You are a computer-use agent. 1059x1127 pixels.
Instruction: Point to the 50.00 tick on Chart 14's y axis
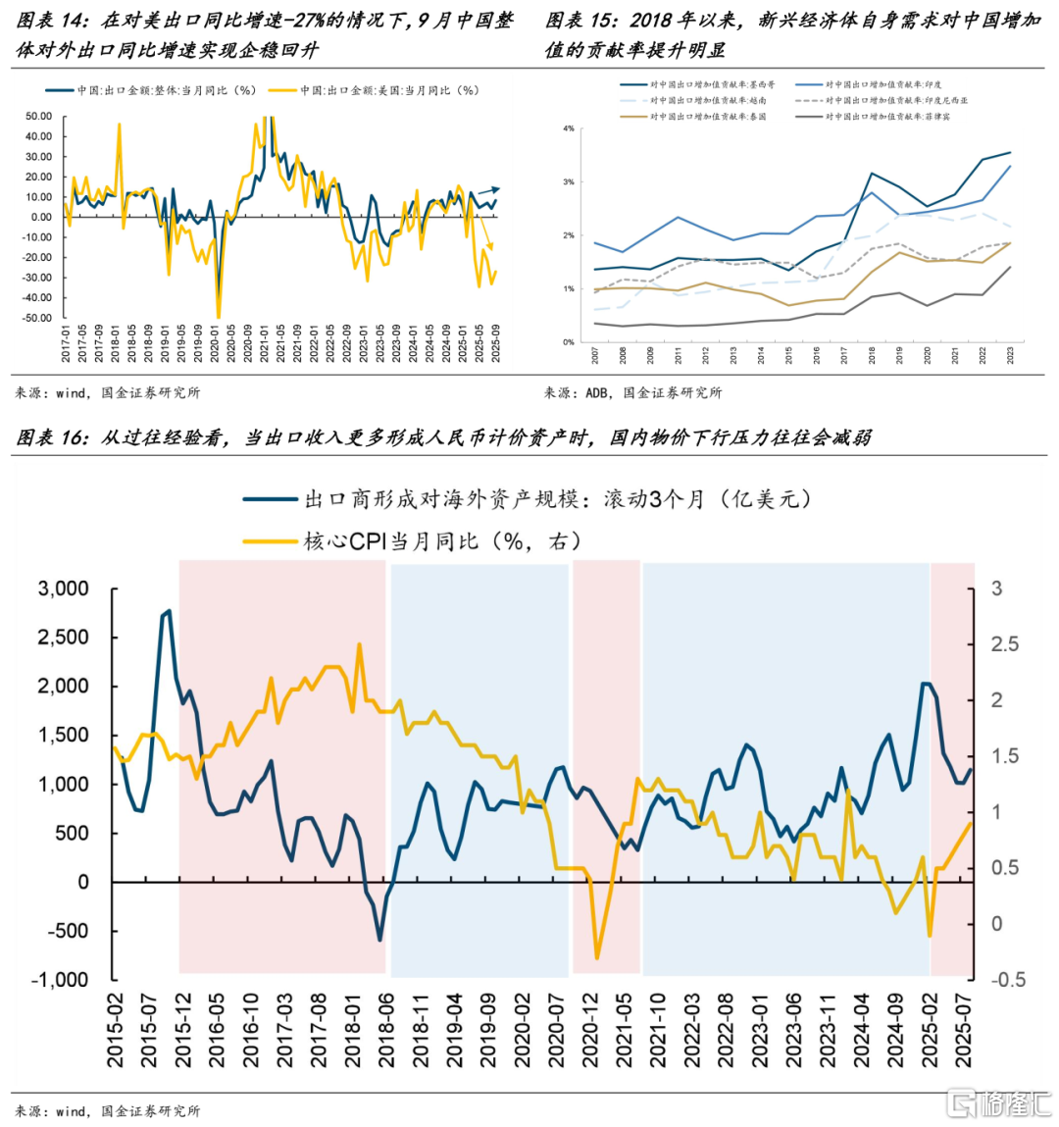tap(39, 117)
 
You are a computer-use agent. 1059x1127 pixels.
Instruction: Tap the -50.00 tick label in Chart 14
tap(38, 318)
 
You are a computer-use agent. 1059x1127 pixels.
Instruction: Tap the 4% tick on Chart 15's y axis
tap(569, 128)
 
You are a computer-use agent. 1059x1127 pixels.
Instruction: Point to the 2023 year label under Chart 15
tap(1011, 355)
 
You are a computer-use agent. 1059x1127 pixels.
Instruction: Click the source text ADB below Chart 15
tap(596, 392)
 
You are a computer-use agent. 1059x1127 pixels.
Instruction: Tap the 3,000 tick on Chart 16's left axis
tap(63, 589)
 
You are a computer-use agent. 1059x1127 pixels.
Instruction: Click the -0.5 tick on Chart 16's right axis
tap(1008, 979)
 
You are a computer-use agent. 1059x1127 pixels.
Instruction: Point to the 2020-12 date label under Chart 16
tap(590, 1030)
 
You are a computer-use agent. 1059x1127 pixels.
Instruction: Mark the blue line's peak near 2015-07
tap(169, 611)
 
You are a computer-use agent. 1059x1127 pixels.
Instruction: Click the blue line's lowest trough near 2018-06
tap(380, 941)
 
